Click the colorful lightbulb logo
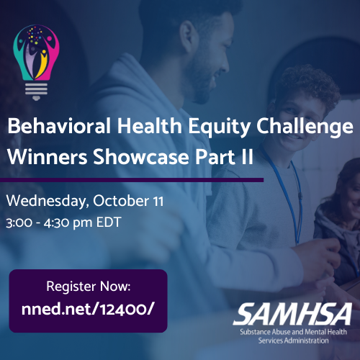pyautogui.click(x=36, y=63)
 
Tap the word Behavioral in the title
pyautogui.click(x=59, y=126)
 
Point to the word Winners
pyautogui.click(x=48, y=157)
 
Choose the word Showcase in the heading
pyautogui.click(x=141, y=156)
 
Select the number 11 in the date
pyautogui.click(x=158, y=201)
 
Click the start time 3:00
pyautogui.click(x=19, y=222)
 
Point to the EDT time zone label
pyautogui.click(x=109, y=222)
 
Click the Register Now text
pyautogui.click(x=89, y=287)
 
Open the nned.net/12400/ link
pyautogui.click(x=87, y=309)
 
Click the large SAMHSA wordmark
pyautogui.click(x=293, y=314)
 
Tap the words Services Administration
pyautogui.click(x=293, y=341)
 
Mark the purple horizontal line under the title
pyautogui.click(x=132, y=180)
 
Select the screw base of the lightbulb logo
pyautogui.click(x=36, y=91)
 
